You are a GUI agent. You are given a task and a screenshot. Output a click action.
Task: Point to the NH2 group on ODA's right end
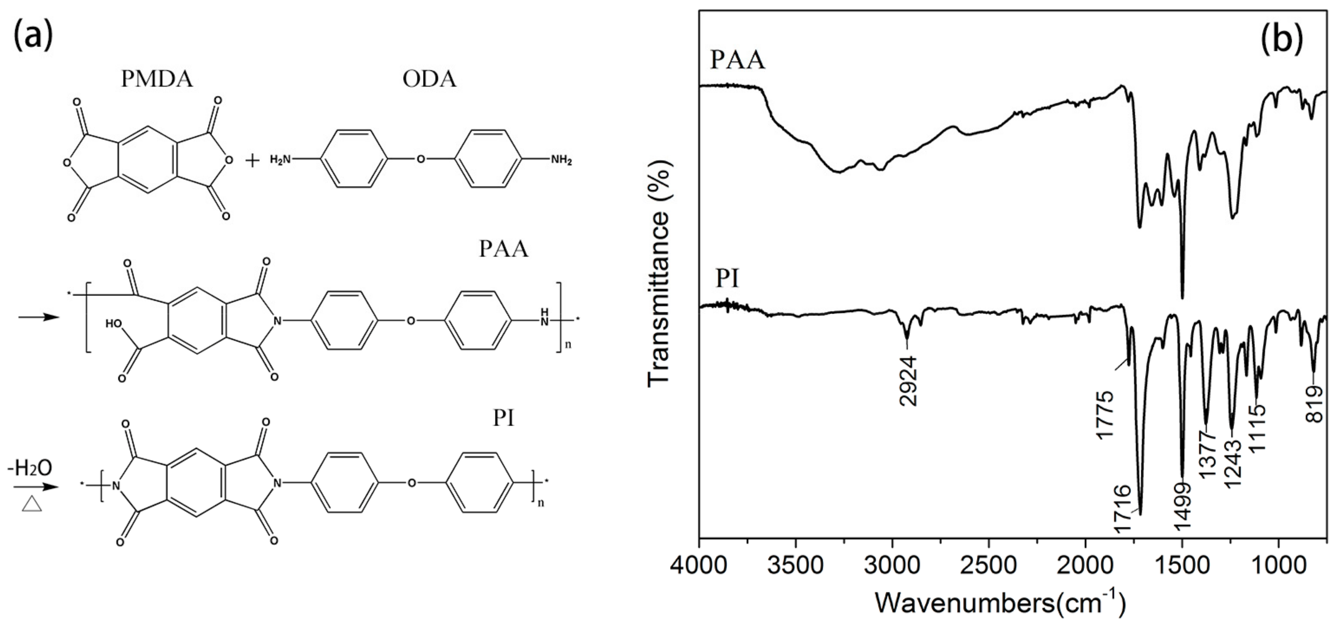click(561, 160)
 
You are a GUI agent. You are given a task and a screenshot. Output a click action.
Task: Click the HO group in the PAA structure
click(114, 324)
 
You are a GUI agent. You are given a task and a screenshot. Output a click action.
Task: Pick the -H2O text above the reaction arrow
click(30, 468)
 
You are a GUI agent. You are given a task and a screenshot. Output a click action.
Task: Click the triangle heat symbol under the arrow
click(32, 504)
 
